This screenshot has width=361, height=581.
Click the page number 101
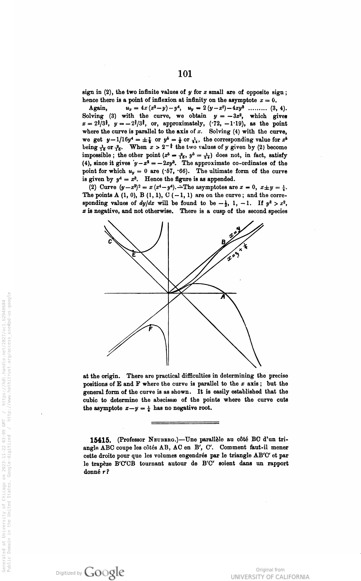(x=185, y=74)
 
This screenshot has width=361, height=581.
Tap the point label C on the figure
(x=110, y=242)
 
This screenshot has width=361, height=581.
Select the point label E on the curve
(x=134, y=255)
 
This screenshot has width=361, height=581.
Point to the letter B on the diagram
(x=224, y=242)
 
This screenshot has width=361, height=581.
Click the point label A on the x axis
(x=223, y=297)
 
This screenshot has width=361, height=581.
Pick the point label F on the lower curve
(x=150, y=329)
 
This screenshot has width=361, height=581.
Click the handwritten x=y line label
(x=234, y=234)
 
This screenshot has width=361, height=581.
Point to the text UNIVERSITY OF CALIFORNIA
(x=270, y=577)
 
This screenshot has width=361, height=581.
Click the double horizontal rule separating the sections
(x=185, y=422)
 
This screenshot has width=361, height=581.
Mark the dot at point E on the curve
(x=133, y=251)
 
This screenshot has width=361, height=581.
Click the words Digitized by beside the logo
(x=69, y=573)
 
